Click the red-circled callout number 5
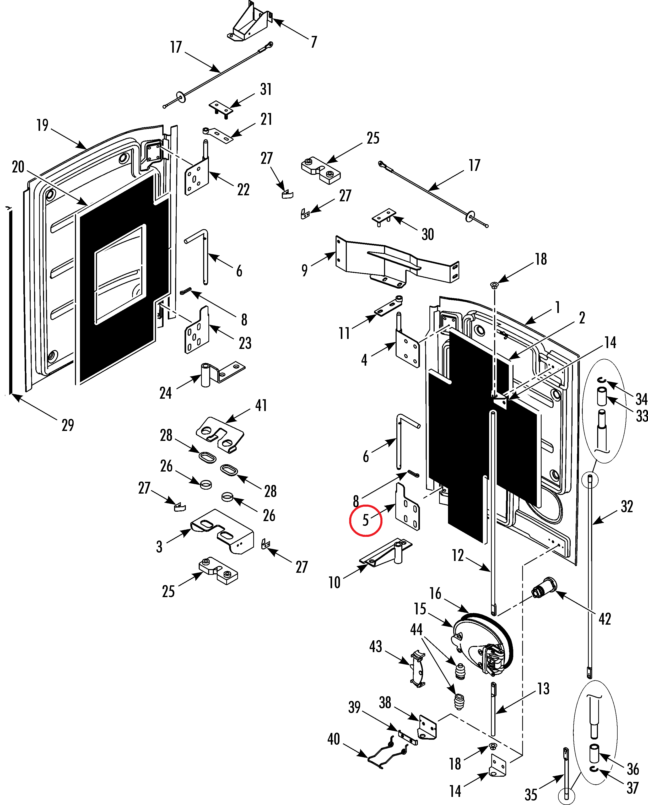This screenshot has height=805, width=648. click(x=365, y=520)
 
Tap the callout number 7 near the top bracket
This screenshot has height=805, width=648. click(x=314, y=42)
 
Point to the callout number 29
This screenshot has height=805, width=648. click(x=68, y=425)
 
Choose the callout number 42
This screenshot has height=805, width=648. click(x=605, y=619)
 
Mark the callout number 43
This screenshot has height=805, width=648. click(x=376, y=647)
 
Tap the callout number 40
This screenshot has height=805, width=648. click(x=333, y=739)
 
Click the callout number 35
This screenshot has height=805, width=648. click(x=531, y=794)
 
